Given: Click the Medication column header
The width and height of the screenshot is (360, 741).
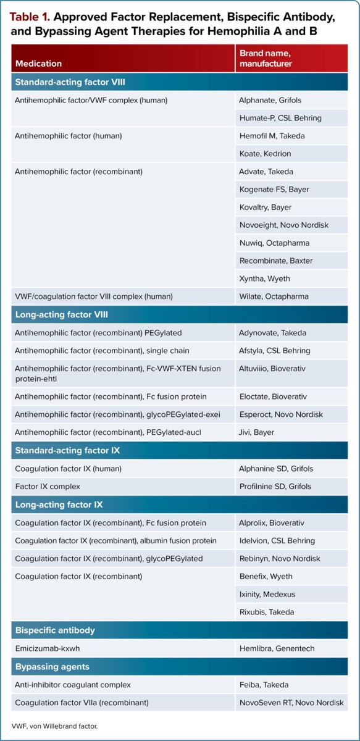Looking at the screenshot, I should (38, 63).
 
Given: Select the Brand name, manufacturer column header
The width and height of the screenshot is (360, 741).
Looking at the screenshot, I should (266, 58).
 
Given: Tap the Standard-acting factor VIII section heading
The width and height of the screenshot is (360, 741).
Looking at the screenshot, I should (70, 82).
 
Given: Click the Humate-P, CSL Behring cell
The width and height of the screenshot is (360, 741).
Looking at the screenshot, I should (280, 118).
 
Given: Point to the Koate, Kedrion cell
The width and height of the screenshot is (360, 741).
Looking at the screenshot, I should (265, 154).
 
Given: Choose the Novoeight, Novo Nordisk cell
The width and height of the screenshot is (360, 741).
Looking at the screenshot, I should (283, 225).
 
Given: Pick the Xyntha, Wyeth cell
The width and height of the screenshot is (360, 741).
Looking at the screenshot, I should (264, 278).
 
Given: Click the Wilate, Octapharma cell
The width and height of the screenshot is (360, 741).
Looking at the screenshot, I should (274, 296).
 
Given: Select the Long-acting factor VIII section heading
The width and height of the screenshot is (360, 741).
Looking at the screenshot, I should (61, 314).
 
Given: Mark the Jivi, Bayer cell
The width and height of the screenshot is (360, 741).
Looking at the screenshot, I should (256, 432).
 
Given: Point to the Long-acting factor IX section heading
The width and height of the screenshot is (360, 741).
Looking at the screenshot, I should (59, 504).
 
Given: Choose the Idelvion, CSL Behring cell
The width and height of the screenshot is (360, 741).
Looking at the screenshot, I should (277, 541).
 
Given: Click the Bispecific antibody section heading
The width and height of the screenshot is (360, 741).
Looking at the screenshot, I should (55, 630).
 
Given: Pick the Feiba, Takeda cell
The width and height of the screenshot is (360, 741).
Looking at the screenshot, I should (263, 685).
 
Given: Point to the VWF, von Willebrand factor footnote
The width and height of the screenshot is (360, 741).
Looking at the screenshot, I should (54, 726).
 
